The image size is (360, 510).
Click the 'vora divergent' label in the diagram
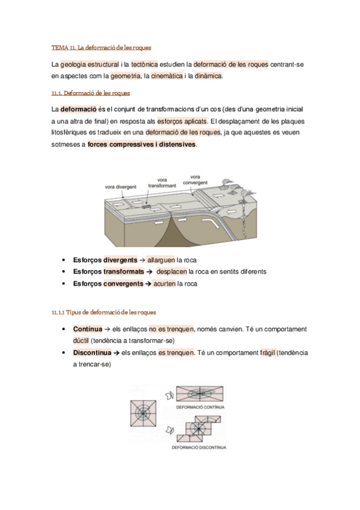[x=120, y=186]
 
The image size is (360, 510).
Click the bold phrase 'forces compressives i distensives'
[x=141, y=145]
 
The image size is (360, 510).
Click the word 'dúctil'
[x=81, y=340]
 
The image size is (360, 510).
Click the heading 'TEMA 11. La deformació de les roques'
[x=101, y=46]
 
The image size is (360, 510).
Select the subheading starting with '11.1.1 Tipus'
[x=103, y=312]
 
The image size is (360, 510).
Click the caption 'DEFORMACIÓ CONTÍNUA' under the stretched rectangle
[x=200, y=407]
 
